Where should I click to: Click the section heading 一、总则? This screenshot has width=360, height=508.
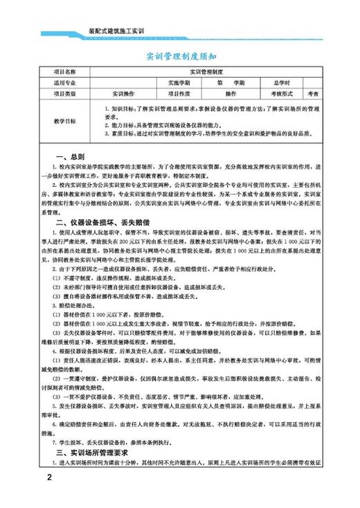coord(70,156)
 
